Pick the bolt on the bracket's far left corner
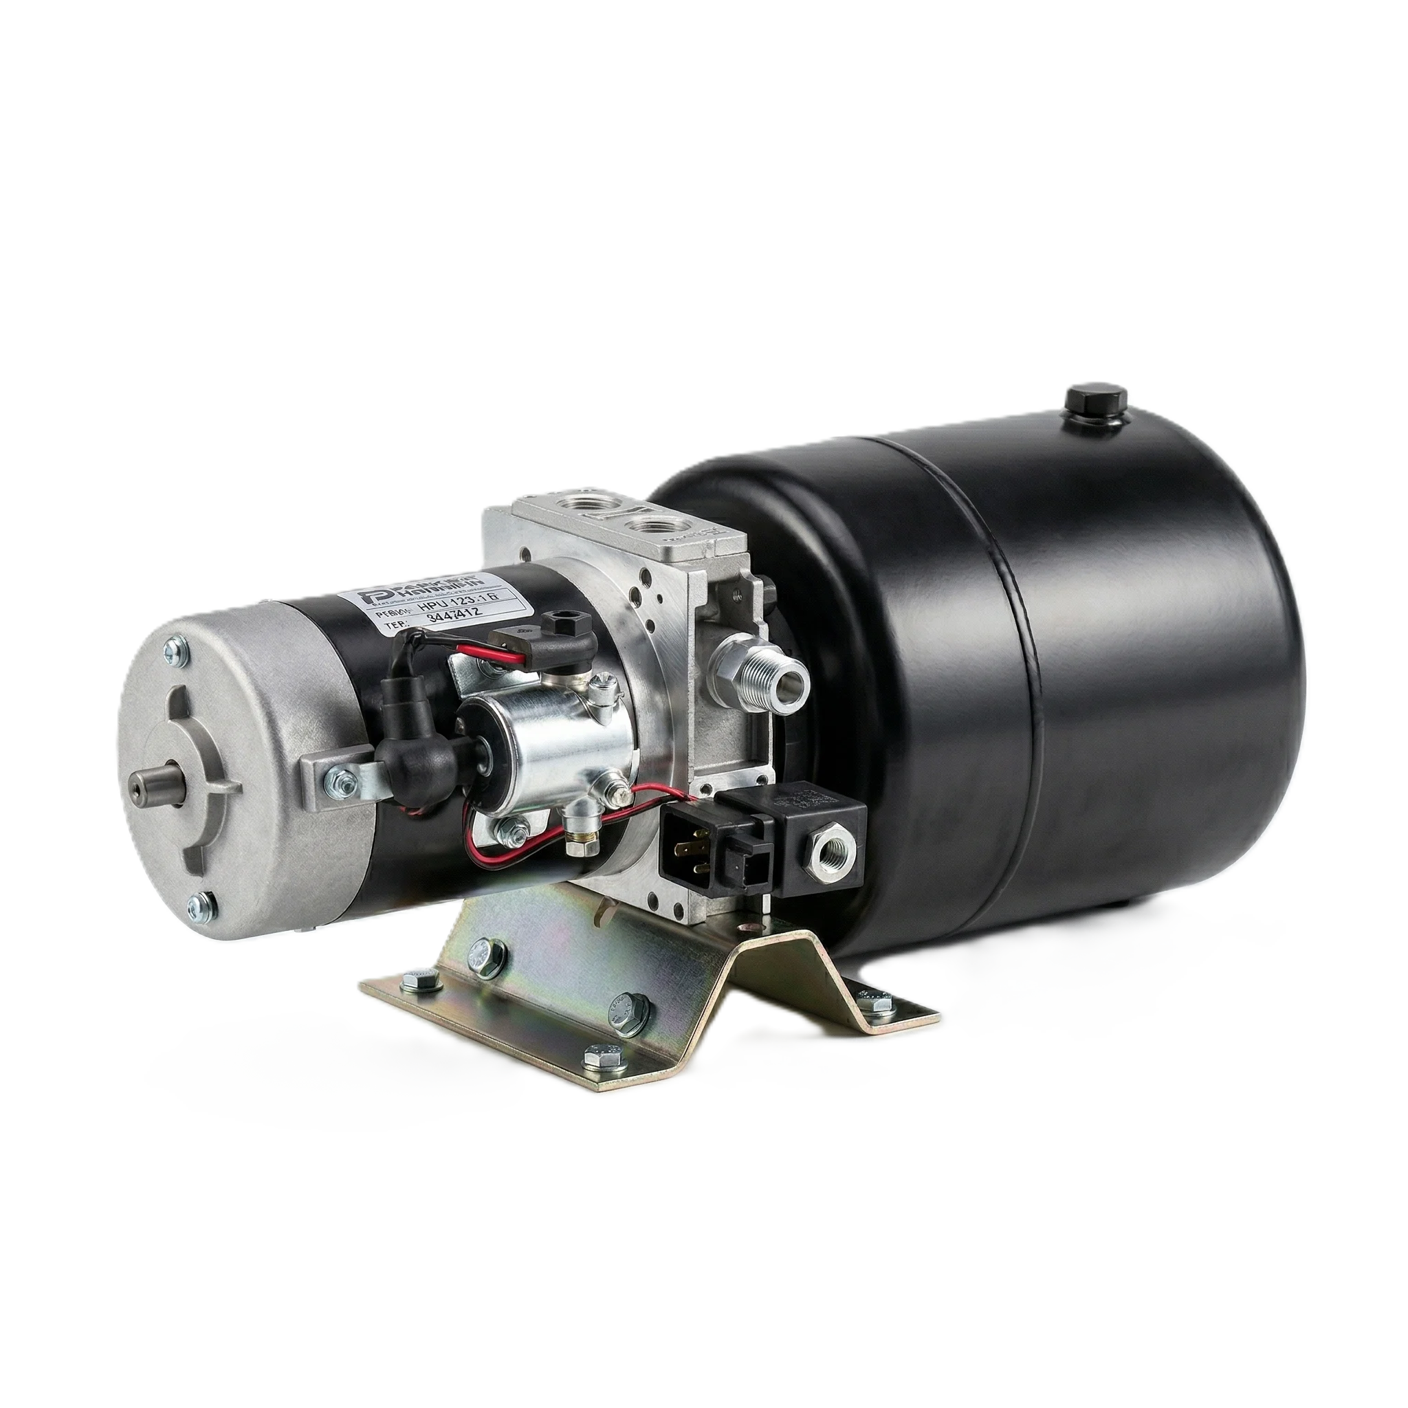420,979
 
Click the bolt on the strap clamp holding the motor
340,782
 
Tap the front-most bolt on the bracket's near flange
602,1053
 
